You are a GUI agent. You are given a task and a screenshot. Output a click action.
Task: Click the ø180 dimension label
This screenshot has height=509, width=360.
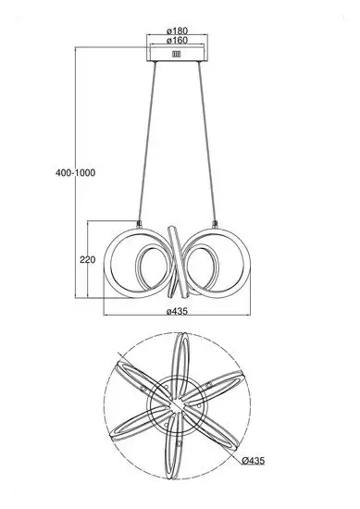[177, 31]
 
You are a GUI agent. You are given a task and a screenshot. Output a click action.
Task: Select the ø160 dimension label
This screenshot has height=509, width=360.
[177, 41]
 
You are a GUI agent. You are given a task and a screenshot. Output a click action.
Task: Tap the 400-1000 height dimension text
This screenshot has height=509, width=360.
[75, 173]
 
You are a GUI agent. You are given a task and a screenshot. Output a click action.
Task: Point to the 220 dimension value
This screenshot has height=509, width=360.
[88, 260]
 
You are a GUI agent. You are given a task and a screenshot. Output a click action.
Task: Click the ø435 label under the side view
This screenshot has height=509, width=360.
[177, 311]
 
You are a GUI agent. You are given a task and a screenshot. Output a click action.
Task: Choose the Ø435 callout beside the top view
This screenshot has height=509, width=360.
[254, 460]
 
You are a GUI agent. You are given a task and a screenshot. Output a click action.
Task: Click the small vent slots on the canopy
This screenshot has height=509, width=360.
[176, 54]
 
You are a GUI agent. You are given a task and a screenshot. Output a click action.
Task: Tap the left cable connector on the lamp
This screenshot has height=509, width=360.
[139, 224]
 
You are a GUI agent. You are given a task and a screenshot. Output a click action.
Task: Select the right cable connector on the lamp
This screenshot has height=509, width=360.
[215, 224]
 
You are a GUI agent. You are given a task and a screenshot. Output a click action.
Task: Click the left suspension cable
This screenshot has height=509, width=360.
[147, 142]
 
